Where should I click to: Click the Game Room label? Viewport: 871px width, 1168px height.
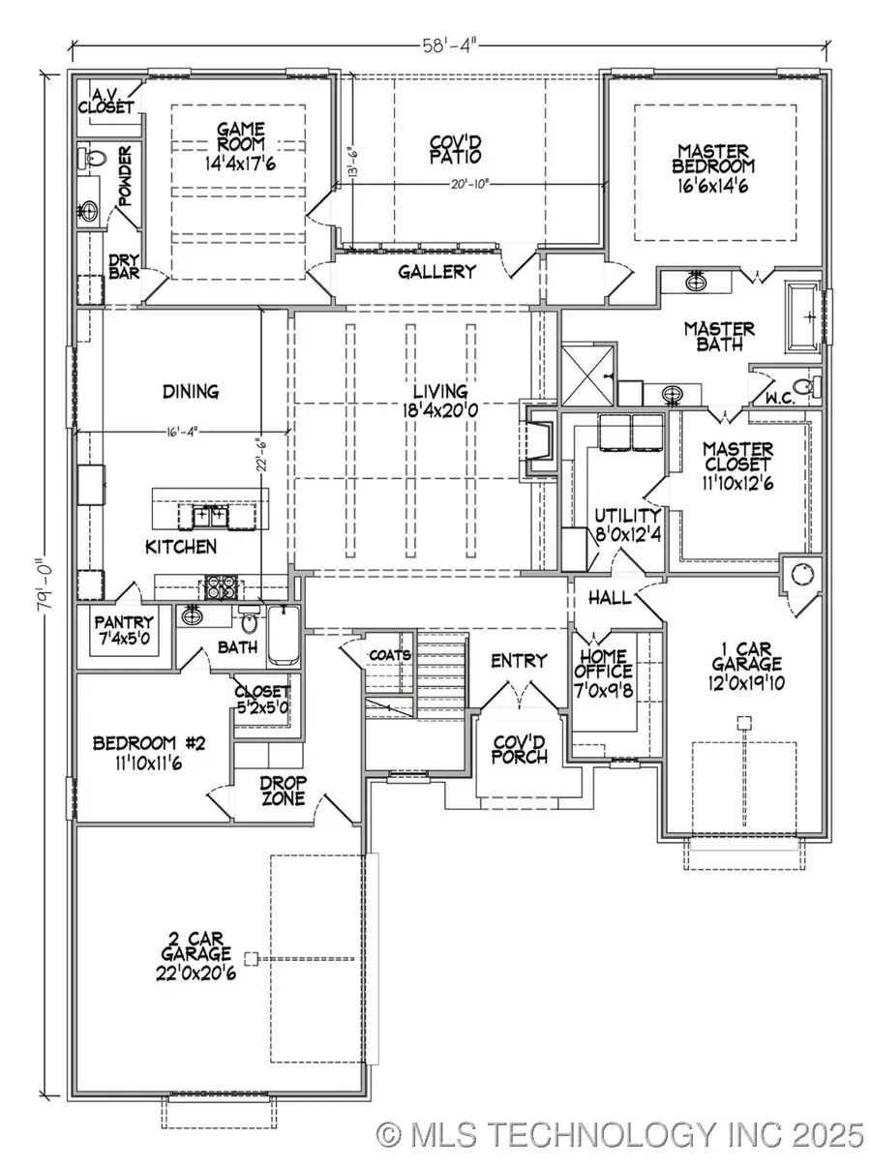pyautogui.click(x=234, y=145)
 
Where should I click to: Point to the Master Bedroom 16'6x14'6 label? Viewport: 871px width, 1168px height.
pyautogui.click(x=712, y=169)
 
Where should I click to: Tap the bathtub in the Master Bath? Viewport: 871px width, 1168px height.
pyautogui.click(x=802, y=314)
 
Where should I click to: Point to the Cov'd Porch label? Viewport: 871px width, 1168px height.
pyautogui.click(x=516, y=748)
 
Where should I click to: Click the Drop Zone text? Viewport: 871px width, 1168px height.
pyautogui.click(x=283, y=790)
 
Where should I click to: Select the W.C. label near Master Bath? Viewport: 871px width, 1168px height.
pyautogui.click(x=780, y=398)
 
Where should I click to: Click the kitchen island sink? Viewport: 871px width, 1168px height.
pyautogui.click(x=211, y=515)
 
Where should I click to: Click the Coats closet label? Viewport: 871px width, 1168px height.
pyautogui.click(x=390, y=655)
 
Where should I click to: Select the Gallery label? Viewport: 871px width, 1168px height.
pyautogui.click(x=437, y=272)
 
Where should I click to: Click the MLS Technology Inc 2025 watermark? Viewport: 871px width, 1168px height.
pyautogui.click(x=619, y=1133)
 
